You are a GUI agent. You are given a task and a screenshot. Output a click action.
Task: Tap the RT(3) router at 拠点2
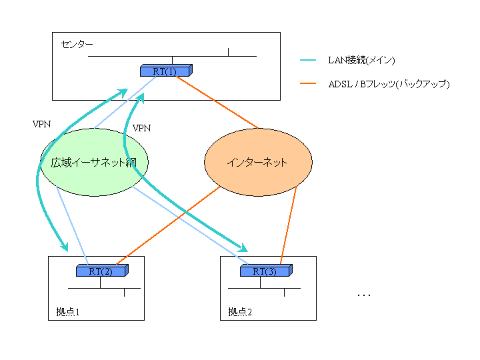tap(266, 271)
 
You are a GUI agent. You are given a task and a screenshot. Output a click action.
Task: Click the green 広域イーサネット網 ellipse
tap(94, 162)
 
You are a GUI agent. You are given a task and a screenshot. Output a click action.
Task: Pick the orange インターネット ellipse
tap(257, 162)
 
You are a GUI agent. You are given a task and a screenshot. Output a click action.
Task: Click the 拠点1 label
tap(69, 311)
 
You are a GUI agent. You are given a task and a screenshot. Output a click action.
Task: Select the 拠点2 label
tap(240, 311)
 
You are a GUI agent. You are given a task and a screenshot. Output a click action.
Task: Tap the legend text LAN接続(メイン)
tap(362, 61)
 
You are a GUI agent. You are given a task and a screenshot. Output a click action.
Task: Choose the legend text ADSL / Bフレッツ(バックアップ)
tap(389, 84)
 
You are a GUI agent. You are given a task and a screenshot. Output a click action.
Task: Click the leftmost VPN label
tap(41, 124)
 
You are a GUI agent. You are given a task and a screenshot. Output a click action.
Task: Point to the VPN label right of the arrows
tap(141, 127)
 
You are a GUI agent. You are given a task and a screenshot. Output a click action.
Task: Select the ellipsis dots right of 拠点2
tap(363, 295)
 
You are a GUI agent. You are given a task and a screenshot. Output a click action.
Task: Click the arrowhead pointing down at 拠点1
tap(65, 246)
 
